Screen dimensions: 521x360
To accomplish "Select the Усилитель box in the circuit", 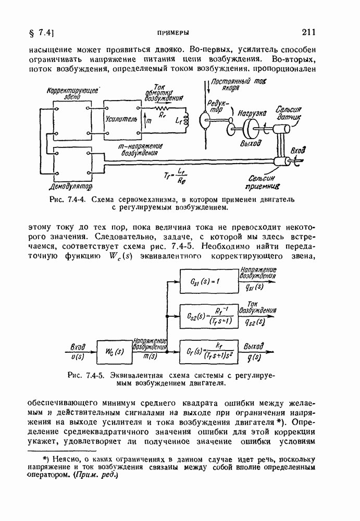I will (123, 119).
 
